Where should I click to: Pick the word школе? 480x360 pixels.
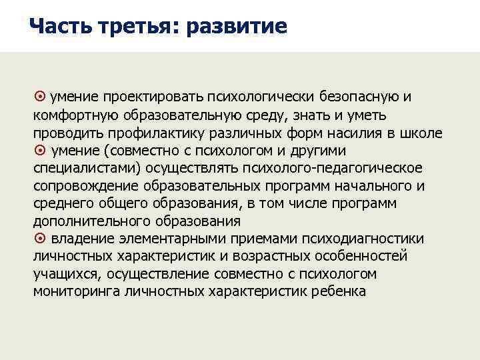point(424,133)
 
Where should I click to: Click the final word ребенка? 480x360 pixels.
point(342,292)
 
